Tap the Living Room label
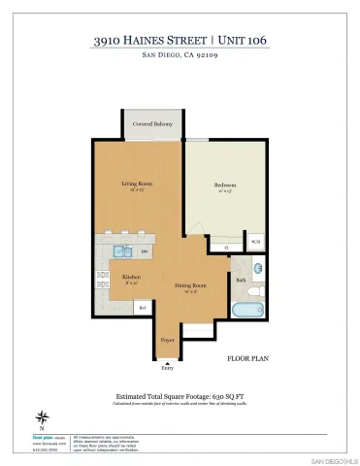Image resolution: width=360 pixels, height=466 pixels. click(x=136, y=183)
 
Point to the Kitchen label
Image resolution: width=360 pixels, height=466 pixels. click(x=132, y=278)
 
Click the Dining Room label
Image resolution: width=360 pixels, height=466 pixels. click(x=190, y=285)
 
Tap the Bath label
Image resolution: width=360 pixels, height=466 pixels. click(x=241, y=280)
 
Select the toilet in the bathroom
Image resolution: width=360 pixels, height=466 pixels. click(x=254, y=290)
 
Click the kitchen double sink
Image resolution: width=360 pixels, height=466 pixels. click(x=122, y=252)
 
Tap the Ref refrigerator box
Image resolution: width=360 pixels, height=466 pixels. click(x=142, y=308)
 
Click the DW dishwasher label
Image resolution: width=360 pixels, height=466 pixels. click(x=145, y=252)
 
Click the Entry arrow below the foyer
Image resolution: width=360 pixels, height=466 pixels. click(x=167, y=362)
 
